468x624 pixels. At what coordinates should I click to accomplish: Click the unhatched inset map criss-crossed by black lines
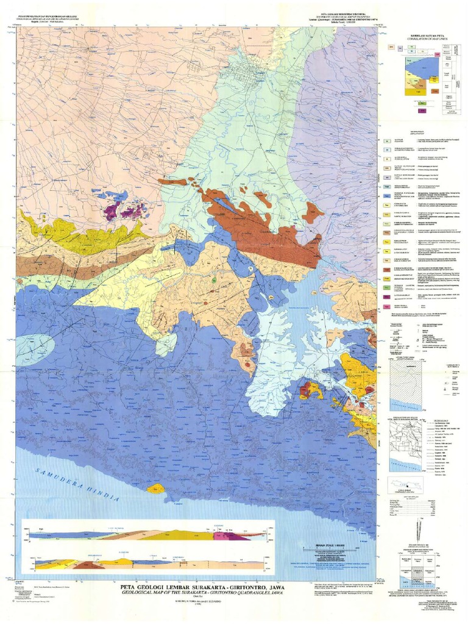point(405,441)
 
